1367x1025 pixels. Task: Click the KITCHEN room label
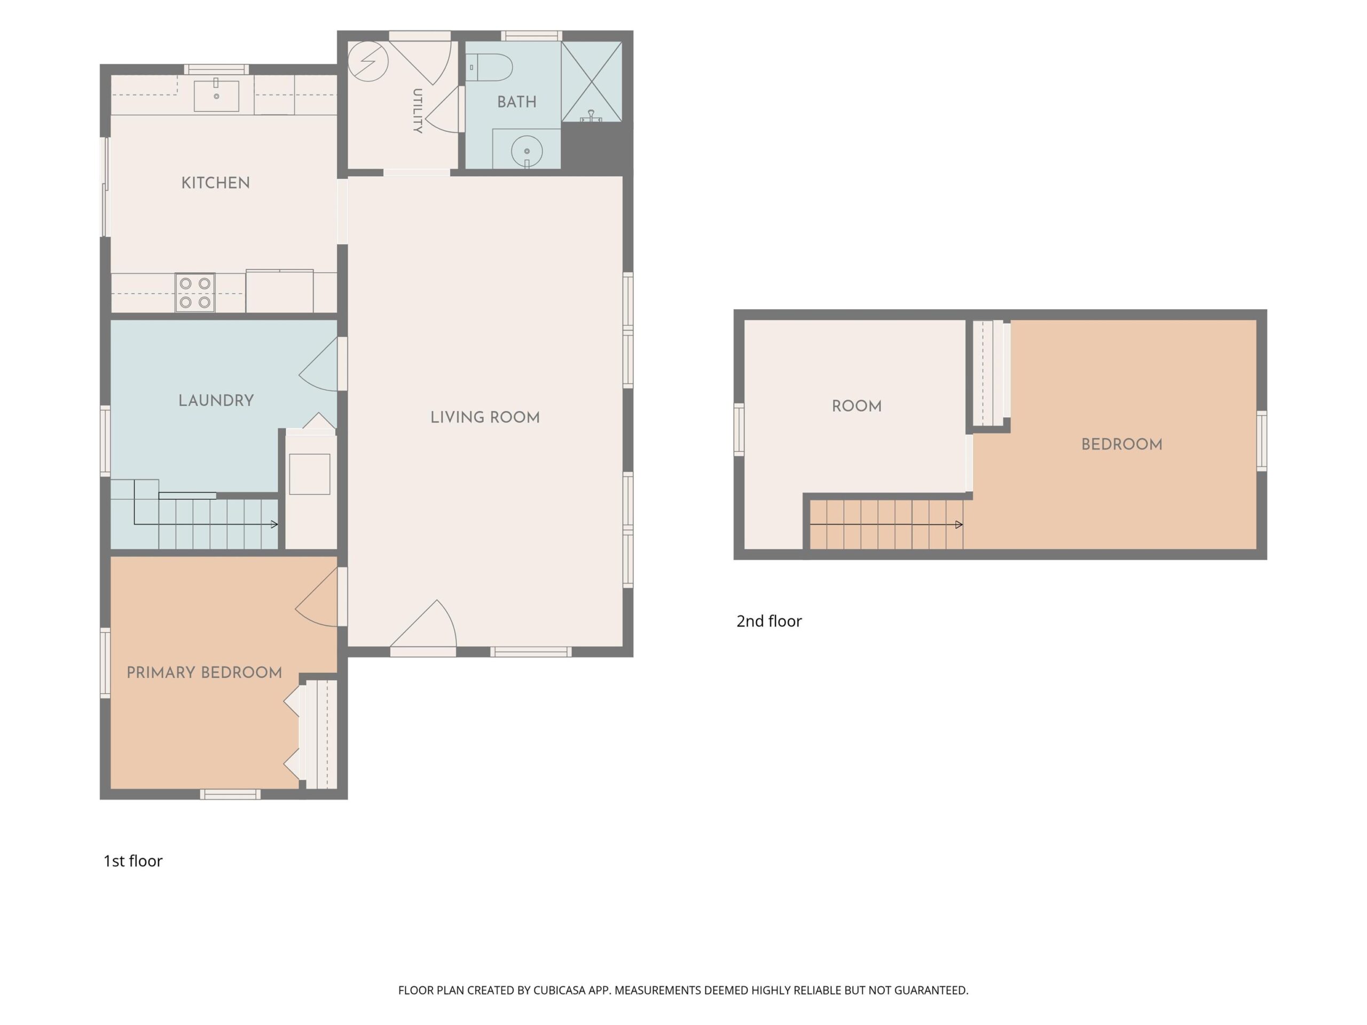[216, 183]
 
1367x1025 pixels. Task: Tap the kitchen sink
[216, 96]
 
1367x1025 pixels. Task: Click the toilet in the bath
[490, 67]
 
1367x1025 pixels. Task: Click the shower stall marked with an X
[592, 81]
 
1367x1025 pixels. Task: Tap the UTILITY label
[418, 111]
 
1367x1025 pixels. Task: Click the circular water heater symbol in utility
[368, 61]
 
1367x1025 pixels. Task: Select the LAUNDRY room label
[216, 400]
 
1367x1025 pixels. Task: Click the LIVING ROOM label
[485, 417]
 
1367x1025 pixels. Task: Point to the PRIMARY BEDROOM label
[205, 673]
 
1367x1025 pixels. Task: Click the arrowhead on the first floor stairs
[274, 525]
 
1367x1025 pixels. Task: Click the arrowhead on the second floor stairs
[959, 525]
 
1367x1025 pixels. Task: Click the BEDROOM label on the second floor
[1122, 444]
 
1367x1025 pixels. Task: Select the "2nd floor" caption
[769, 621]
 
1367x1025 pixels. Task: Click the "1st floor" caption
[133, 861]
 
